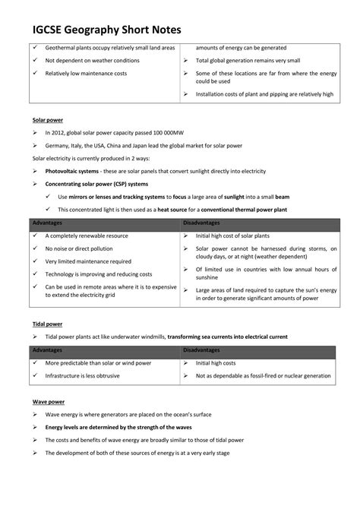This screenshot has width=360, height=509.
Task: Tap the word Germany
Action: coord(59,145)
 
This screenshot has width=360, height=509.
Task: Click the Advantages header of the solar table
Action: coord(49,223)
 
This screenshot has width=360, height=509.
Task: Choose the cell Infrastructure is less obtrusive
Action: coord(90,375)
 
